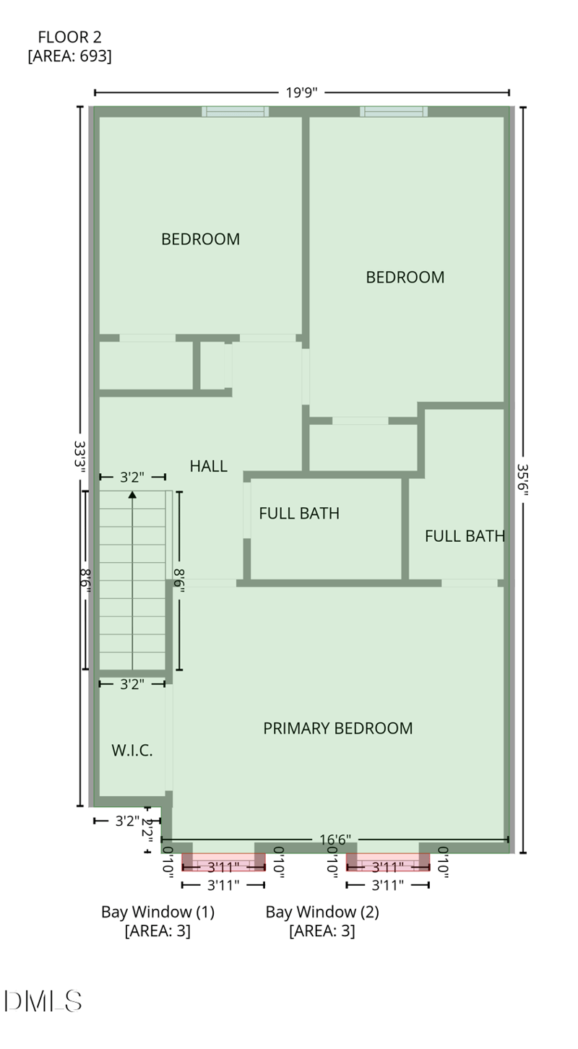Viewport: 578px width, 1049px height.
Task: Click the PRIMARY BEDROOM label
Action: [x=337, y=728]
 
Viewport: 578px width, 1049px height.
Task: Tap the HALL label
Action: [x=208, y=466]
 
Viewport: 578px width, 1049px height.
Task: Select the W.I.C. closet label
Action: [x=132, y=750]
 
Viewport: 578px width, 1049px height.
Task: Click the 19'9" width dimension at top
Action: [x=301, y=92]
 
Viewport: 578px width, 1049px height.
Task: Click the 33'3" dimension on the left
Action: [x=79, y=457]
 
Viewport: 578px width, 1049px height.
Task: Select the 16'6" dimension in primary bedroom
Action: [x=335, y=839]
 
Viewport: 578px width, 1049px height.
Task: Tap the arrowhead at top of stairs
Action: [x=132, y=495]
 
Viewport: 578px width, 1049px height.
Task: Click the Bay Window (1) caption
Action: [x=158, y=912]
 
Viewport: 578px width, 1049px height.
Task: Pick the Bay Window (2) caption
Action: [x=322, y=912]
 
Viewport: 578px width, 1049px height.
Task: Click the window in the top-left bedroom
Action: [x=235, y=111]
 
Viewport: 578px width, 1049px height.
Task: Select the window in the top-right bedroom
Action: [x=394, y=111]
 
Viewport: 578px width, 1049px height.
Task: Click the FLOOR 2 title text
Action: [x=69, y=37]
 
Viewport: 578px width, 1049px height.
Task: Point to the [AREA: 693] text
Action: [x=69, y=56]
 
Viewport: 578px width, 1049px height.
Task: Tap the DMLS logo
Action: [x=43, y=1001]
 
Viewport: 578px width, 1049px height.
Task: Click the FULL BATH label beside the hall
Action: [x=299, y=514]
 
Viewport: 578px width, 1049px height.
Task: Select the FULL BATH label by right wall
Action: [x=464, y=536]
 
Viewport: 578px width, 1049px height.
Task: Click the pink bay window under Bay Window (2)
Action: [x=388, y=863]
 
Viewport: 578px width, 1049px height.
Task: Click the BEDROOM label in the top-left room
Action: [x=200, y=239]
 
